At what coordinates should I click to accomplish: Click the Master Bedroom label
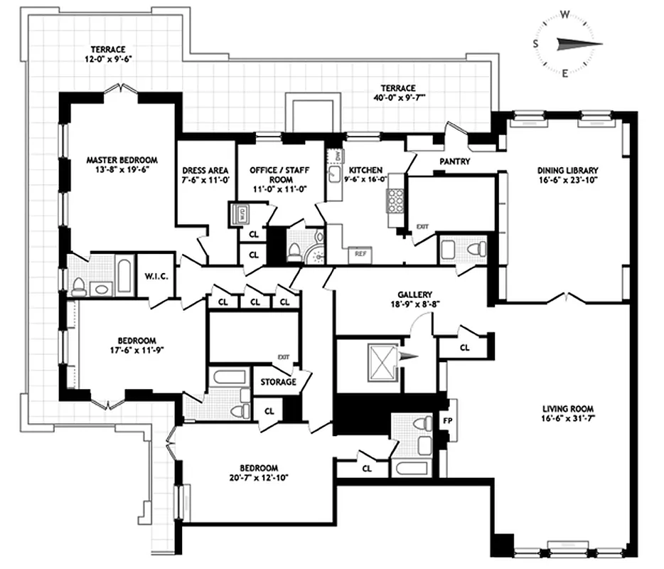tap(122, 160)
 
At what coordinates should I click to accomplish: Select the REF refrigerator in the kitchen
tap(360, 252)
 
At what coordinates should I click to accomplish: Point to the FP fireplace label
tap(447, 419)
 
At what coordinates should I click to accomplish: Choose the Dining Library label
tap(567, 170)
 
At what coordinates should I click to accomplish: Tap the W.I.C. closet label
tap(155, 276)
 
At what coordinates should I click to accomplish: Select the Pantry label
tap(455, 161)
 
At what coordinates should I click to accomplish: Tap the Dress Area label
tap(205, 171)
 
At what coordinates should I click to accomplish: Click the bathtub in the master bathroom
tap(124, 277)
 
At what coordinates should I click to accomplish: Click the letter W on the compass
tap(565, 13)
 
